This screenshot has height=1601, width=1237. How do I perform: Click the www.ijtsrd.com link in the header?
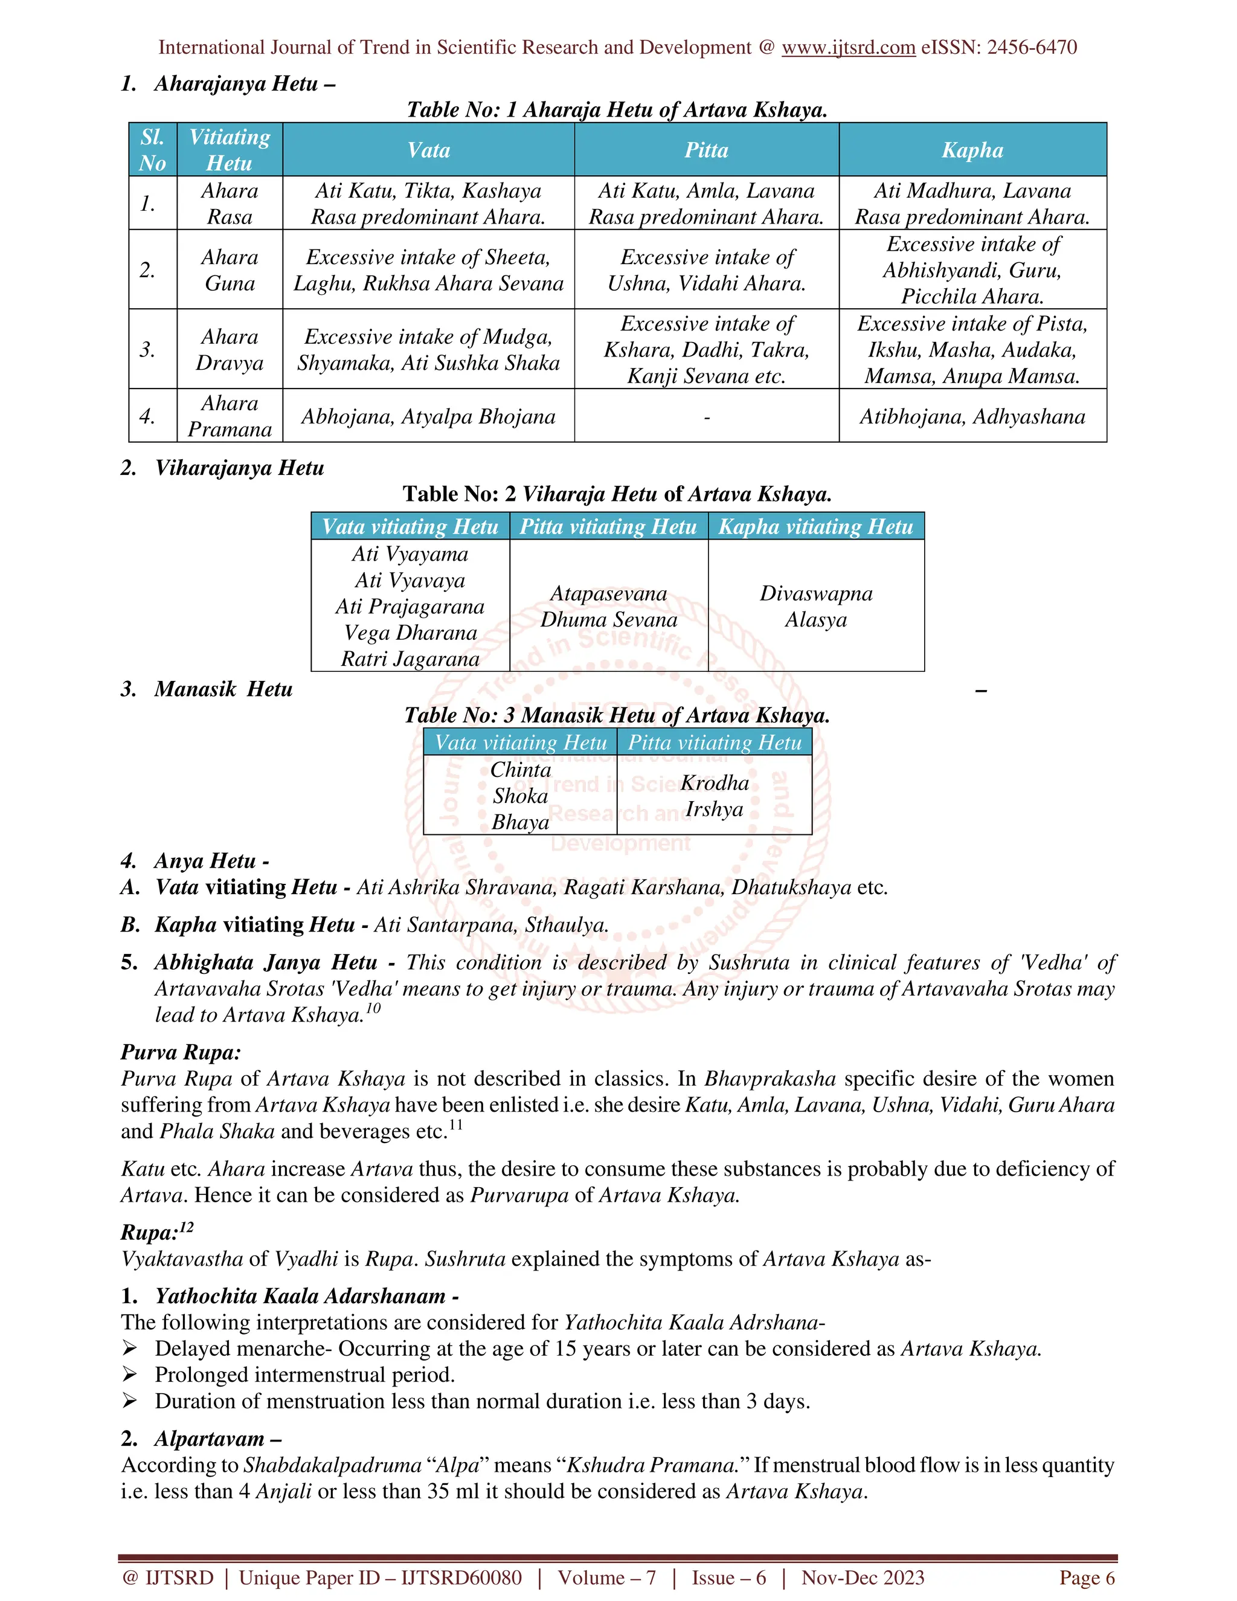click(848, 48)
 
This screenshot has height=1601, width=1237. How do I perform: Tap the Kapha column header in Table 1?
click(972, 150)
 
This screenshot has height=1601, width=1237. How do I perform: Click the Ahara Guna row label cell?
click(230, 270)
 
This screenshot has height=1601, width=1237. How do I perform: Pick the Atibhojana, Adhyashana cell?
click(972, 416)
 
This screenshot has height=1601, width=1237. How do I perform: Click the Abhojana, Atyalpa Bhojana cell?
click(428, 416)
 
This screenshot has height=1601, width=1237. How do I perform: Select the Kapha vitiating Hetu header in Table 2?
click(815, 526)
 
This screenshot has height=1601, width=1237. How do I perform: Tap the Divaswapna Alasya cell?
click(815, 606)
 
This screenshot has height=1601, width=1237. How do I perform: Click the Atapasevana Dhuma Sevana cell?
click(608, 606)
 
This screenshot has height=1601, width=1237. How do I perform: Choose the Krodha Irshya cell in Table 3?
click(715, 796)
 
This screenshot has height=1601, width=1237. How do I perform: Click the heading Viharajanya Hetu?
click(239, 468)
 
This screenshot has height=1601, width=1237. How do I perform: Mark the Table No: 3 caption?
click(617, 715)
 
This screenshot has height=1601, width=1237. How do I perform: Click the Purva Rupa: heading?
click(180, 1052)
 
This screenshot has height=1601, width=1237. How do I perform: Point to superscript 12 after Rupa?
click(187, 1226)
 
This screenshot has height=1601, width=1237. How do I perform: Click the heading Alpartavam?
click(217, 1439)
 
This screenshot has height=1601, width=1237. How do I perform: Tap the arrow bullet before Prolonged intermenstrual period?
click(130, 1374)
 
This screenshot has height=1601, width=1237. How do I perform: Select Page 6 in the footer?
click(1086, 1577)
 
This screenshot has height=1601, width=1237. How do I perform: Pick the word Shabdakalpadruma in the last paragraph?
click(332, 1466)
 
